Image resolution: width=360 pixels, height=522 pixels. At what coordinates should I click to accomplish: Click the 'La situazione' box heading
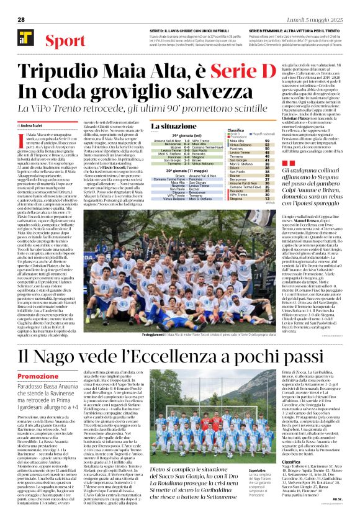coord(173,126)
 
